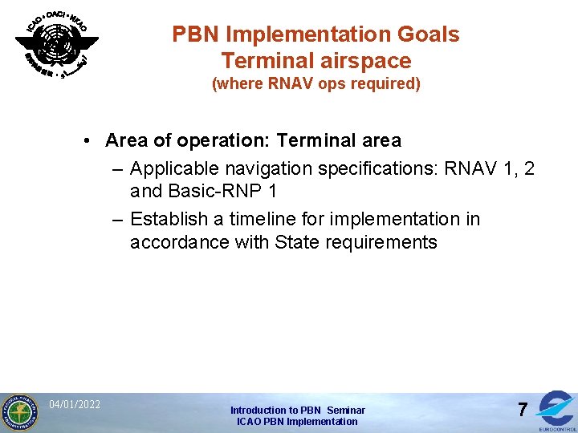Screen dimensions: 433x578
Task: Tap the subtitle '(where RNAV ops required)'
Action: pos(315,83)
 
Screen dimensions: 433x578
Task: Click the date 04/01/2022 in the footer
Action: pos(75,404)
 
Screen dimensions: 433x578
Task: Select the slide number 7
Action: pos(522,411)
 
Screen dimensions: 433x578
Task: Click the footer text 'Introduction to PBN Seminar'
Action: pos(297,410)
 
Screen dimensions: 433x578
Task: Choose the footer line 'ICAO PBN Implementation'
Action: pos(297,422)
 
